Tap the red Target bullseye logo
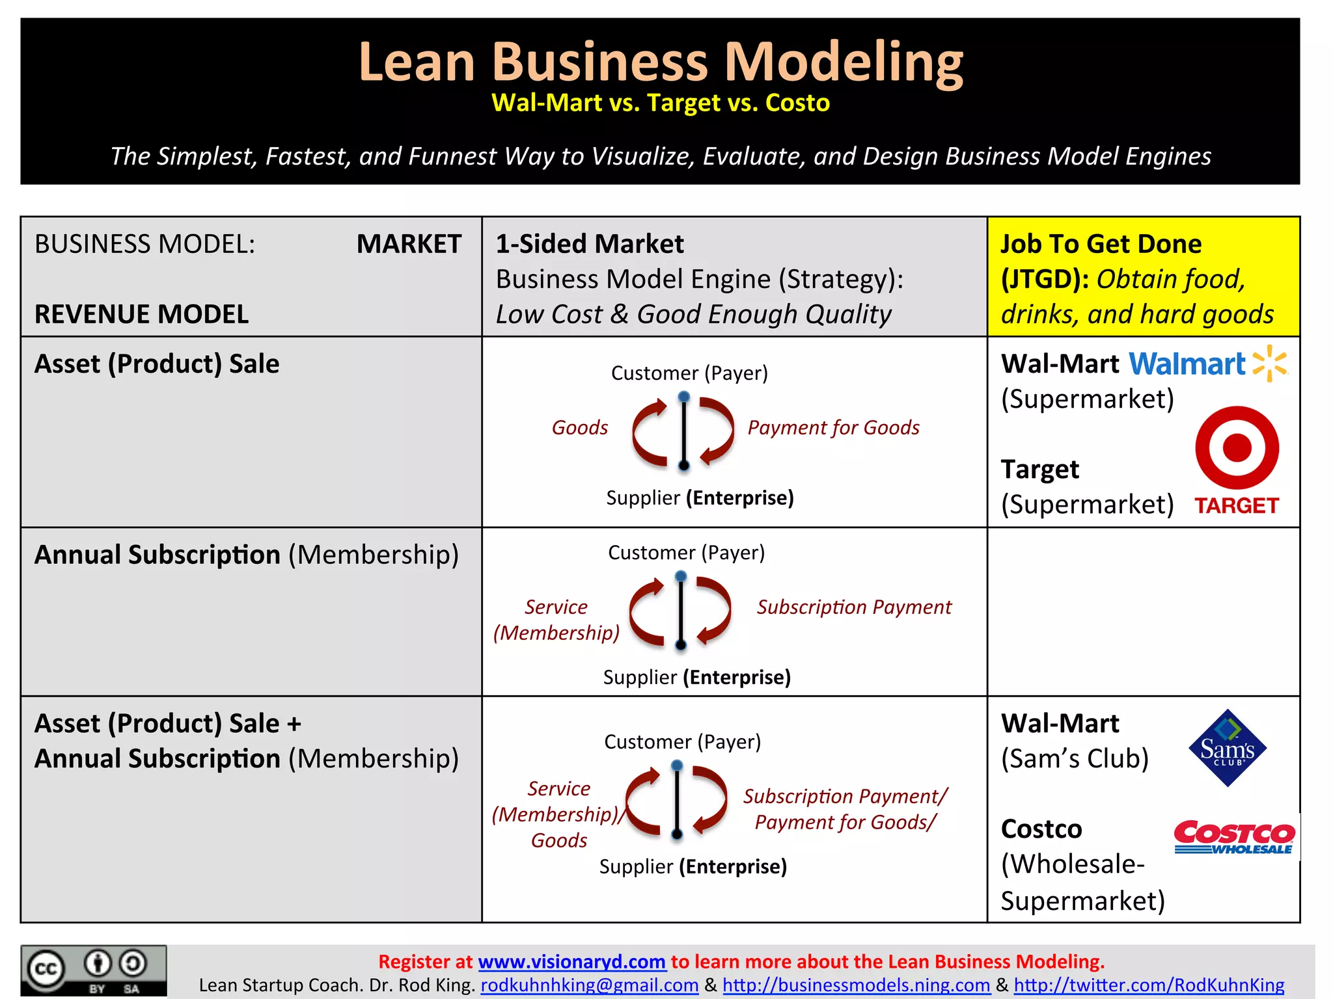[1237, 448]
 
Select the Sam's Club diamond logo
[1227, 748]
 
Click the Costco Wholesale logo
[1234, 837]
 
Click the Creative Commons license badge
[94, 970]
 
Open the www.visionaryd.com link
[571, 961]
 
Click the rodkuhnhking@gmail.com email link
[589, 985]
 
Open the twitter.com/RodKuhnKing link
[1149, 985]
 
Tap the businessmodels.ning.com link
[856, 985]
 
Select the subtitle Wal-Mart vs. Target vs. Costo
[660, 103]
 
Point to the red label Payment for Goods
[833, 427]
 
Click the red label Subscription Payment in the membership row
[853, 607]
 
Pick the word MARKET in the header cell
[409, 244]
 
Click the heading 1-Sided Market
[589, 244]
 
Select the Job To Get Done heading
[1101, 244]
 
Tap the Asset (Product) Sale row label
[157, 364]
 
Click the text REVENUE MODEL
[141, 314]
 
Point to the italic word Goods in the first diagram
[579, 427]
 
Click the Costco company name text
[1041, 829]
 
